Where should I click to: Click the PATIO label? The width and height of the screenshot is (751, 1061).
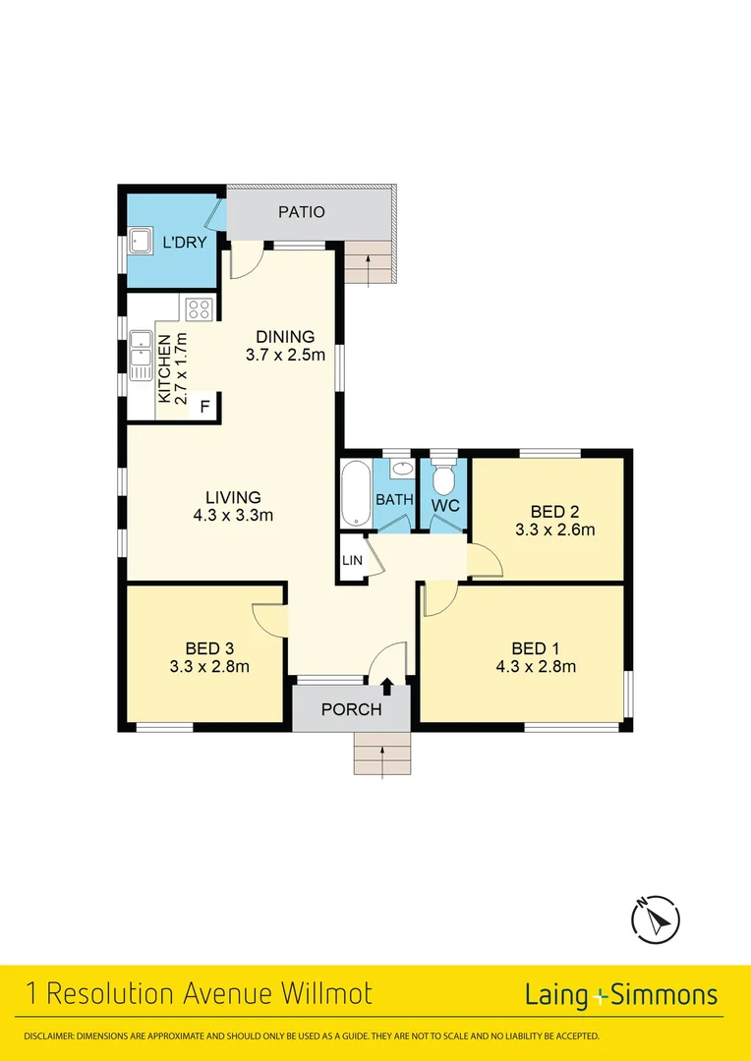(301, 211)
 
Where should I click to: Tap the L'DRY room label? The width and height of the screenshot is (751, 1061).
(185, 242)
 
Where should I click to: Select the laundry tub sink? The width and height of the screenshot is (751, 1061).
(139, 241)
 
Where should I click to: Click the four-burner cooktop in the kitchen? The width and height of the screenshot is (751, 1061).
(200, 309)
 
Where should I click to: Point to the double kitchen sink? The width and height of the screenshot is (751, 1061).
(141, 357)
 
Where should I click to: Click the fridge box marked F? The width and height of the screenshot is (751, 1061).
(205, 406)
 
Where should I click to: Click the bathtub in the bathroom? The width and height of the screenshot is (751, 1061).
(355, 492)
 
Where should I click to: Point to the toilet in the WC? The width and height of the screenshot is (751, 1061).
(443, 479)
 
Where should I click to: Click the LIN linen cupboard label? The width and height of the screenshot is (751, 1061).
(352, 560)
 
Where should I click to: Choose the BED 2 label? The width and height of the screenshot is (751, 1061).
(553, 511)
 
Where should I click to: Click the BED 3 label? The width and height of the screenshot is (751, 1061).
(209, 647)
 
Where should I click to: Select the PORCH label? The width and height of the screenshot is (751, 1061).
(351, 709)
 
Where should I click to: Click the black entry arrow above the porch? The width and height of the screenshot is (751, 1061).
(386, 686)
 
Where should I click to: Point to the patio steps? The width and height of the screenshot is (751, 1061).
(369, 262)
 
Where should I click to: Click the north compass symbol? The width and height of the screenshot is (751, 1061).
(656, 920)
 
